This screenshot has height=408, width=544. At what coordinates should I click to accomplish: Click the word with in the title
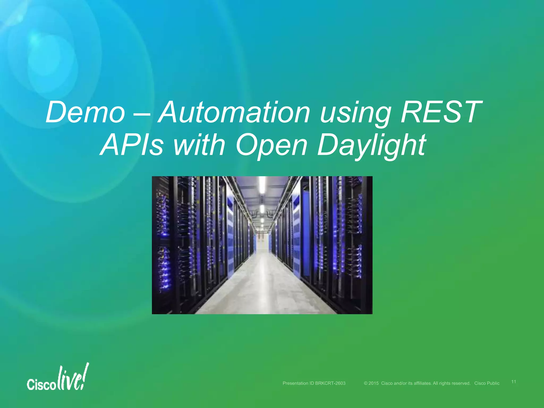[199, 145]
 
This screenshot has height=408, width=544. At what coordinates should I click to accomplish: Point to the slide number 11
[514, 382]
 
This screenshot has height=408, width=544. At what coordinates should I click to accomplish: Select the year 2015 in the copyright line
[373, 383]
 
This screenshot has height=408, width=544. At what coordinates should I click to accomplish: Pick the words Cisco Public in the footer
[487, 383]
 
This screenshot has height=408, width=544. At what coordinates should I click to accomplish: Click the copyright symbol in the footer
[365, 383]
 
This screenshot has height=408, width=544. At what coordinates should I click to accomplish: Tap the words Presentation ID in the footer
[298, 383]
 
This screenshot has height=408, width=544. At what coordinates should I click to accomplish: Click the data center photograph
[262, 245]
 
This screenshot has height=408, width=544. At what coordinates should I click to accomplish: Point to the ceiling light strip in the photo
[262, 186]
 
